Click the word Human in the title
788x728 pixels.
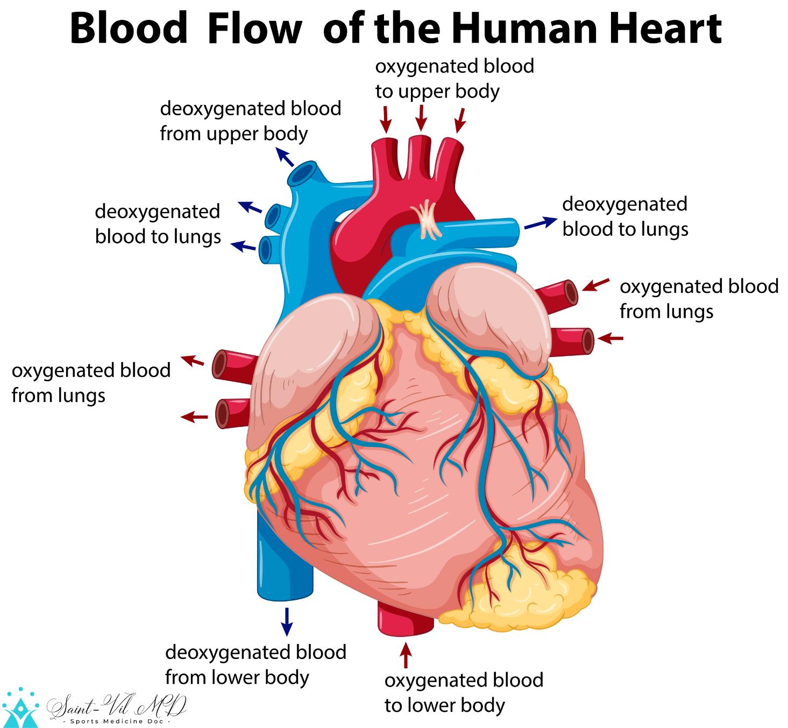(524, 29)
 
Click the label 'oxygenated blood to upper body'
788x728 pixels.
(455, 79)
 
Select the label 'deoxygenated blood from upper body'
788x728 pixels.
(250, 121)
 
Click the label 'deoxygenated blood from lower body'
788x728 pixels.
(255, 664)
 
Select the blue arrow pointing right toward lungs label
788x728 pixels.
(541, 222)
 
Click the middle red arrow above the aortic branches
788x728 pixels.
(421, 118)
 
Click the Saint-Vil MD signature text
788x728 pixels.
(116, 706)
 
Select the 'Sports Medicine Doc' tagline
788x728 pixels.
(117, 721)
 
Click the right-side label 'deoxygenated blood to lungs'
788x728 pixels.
(626, 216)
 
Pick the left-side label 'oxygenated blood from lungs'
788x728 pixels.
(91, 383)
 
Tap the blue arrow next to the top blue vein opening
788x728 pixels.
(285, 157)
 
